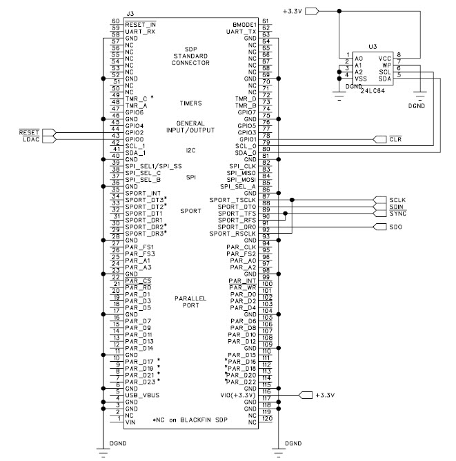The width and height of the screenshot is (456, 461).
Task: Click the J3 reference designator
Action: coord(131,13)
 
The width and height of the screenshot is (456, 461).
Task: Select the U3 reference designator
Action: coord(373,46)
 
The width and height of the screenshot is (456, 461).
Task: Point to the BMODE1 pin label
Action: coord(246,25)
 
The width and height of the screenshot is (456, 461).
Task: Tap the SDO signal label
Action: coord(395,227)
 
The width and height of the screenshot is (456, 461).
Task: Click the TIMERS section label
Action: coord(190,103)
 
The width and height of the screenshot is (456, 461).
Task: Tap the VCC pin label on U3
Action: coord(385,59)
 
